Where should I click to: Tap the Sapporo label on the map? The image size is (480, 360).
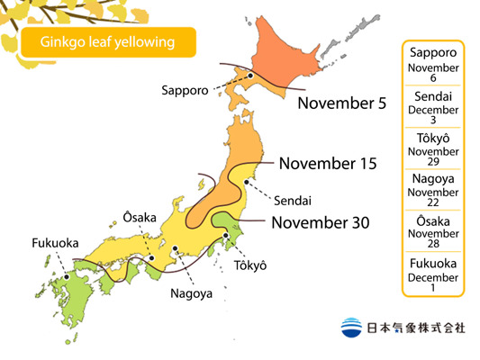(x=186, y=90)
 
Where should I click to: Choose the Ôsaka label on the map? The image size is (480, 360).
(x=139, y=217)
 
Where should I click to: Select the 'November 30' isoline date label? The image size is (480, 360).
(x=320, y=222)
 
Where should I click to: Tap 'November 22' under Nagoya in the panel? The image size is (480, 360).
(x=433, y=198)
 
